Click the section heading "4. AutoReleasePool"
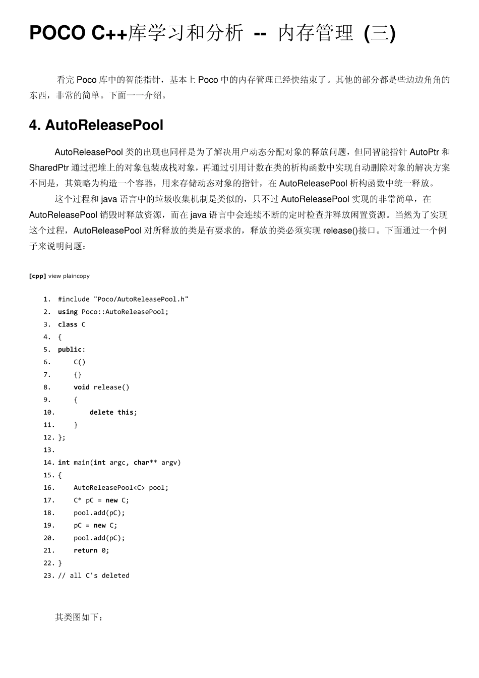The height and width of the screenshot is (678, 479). tap(96, 125)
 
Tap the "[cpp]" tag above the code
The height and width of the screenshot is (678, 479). tap(38, 276)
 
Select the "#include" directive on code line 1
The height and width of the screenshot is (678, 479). tap(74, 299)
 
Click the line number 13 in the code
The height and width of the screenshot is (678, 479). tap(48, 450)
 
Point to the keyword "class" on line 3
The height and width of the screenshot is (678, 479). tap(68, 324)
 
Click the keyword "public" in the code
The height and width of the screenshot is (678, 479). tap(70, 350)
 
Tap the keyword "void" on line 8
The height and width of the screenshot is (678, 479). tap(81, 387)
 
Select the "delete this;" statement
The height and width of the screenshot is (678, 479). tap(113, 413)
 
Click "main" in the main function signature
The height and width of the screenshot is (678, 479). tap(82, 463)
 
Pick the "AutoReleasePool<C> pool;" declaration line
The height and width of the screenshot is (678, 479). tap(121, 488)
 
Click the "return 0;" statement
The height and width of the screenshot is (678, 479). tap(91, 550)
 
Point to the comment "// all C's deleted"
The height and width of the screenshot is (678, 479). tap(94, 576)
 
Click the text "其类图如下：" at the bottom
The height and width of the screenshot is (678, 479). tap(79, 617)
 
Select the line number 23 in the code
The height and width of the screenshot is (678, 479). tap(48, 576)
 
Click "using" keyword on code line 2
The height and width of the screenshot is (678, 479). tap(68, 312)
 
